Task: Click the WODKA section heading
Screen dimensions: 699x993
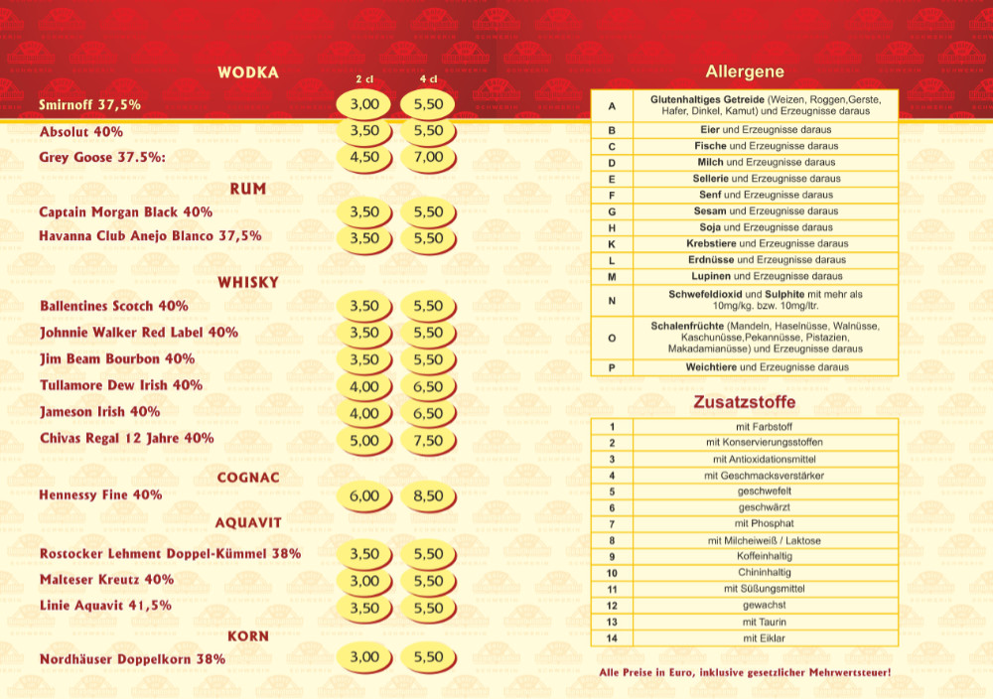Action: pyautogui.click(x=248, y=72)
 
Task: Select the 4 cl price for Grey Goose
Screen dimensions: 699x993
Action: pyautogui.click(x=428, y=157)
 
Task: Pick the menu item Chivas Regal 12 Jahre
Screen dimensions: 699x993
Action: pyautogui.click(x=126, y=438)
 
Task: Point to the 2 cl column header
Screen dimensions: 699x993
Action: pyautogui.click(x=364, y=79)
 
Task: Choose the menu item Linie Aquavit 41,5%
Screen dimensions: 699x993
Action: pyautogui.click(x=105, y=605)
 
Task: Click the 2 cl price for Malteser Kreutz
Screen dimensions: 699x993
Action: pyautogui.click(x=364, y=581)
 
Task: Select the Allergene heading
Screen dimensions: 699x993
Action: pyautogui.click(x=745, y=71)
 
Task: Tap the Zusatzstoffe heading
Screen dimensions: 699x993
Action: pyautogui.click(x=745, y=403)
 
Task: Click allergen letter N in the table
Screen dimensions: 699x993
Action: pyautogui.click(x=612, y=300)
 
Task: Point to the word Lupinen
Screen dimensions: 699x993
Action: pyautogui.click(x=712, y=276)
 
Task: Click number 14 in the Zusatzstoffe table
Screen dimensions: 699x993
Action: pyautogui.click(x=612, y=638)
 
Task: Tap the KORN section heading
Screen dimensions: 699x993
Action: pyautogui.click(x=248, y=635)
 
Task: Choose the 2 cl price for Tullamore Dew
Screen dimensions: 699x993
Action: pyautogui.click(x=364, y=386)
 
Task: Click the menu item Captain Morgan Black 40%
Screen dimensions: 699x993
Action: pyautogui.click(x=126, y=211)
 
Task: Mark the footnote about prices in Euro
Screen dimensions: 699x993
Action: pyautogui.click(x=745, y=673)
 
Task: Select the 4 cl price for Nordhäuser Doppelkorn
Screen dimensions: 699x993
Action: pyautogui.click(x=428, y=657)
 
